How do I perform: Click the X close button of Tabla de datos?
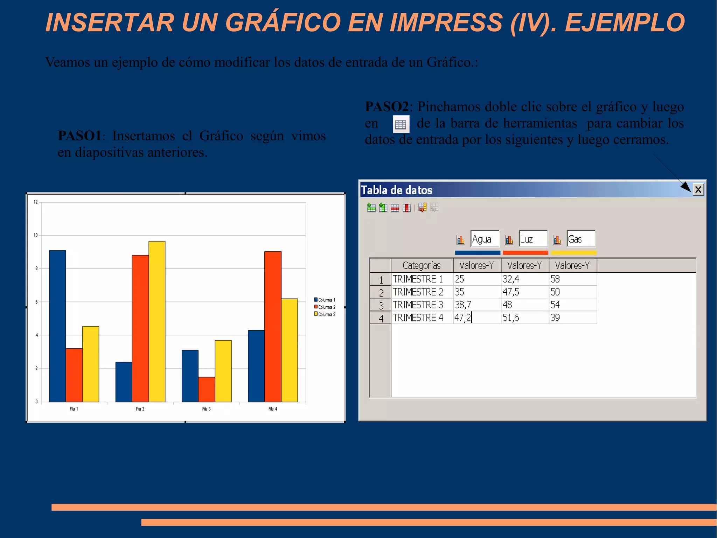698,190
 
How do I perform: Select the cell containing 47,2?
476,318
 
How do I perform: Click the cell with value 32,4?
524,279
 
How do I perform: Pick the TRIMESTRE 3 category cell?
422,305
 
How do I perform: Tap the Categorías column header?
422,265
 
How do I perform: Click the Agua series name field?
485,239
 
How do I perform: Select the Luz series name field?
532,239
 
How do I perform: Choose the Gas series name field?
581,239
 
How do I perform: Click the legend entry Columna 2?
326,307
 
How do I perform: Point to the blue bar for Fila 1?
57,326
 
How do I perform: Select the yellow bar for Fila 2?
157,321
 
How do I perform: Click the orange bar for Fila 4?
273,326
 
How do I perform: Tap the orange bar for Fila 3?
207,389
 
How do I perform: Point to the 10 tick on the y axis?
36,235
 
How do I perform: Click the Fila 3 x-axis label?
206,409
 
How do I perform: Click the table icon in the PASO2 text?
401,124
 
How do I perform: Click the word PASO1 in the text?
79,136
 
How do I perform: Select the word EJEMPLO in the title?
625,22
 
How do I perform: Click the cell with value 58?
572,279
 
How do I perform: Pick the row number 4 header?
381,318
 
